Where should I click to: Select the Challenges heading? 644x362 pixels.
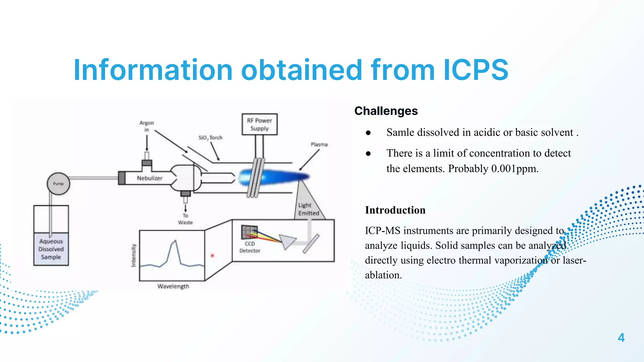point(386,111)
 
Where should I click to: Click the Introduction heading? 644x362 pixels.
point(395,210)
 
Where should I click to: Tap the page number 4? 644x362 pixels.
point(621,338)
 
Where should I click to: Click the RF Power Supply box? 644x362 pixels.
point(259,124)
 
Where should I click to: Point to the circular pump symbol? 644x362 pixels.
point(58,184)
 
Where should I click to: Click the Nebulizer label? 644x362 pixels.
point(149,178)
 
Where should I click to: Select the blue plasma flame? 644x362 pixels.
point(270,177)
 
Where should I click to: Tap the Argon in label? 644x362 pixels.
point(147,126)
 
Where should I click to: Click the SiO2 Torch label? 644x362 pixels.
point(210,138)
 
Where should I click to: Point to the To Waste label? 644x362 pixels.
point(185,219)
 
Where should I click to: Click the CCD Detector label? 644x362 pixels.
point(250,247)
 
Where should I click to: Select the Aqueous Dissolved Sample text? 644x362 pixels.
point(51,249)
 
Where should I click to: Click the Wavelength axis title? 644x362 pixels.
point(173,286)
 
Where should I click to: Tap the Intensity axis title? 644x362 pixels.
point(134,255)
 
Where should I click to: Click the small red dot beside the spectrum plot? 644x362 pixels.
point(212,256)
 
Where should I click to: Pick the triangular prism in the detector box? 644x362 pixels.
point(287,241)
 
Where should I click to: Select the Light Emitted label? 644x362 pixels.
point(308,209)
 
